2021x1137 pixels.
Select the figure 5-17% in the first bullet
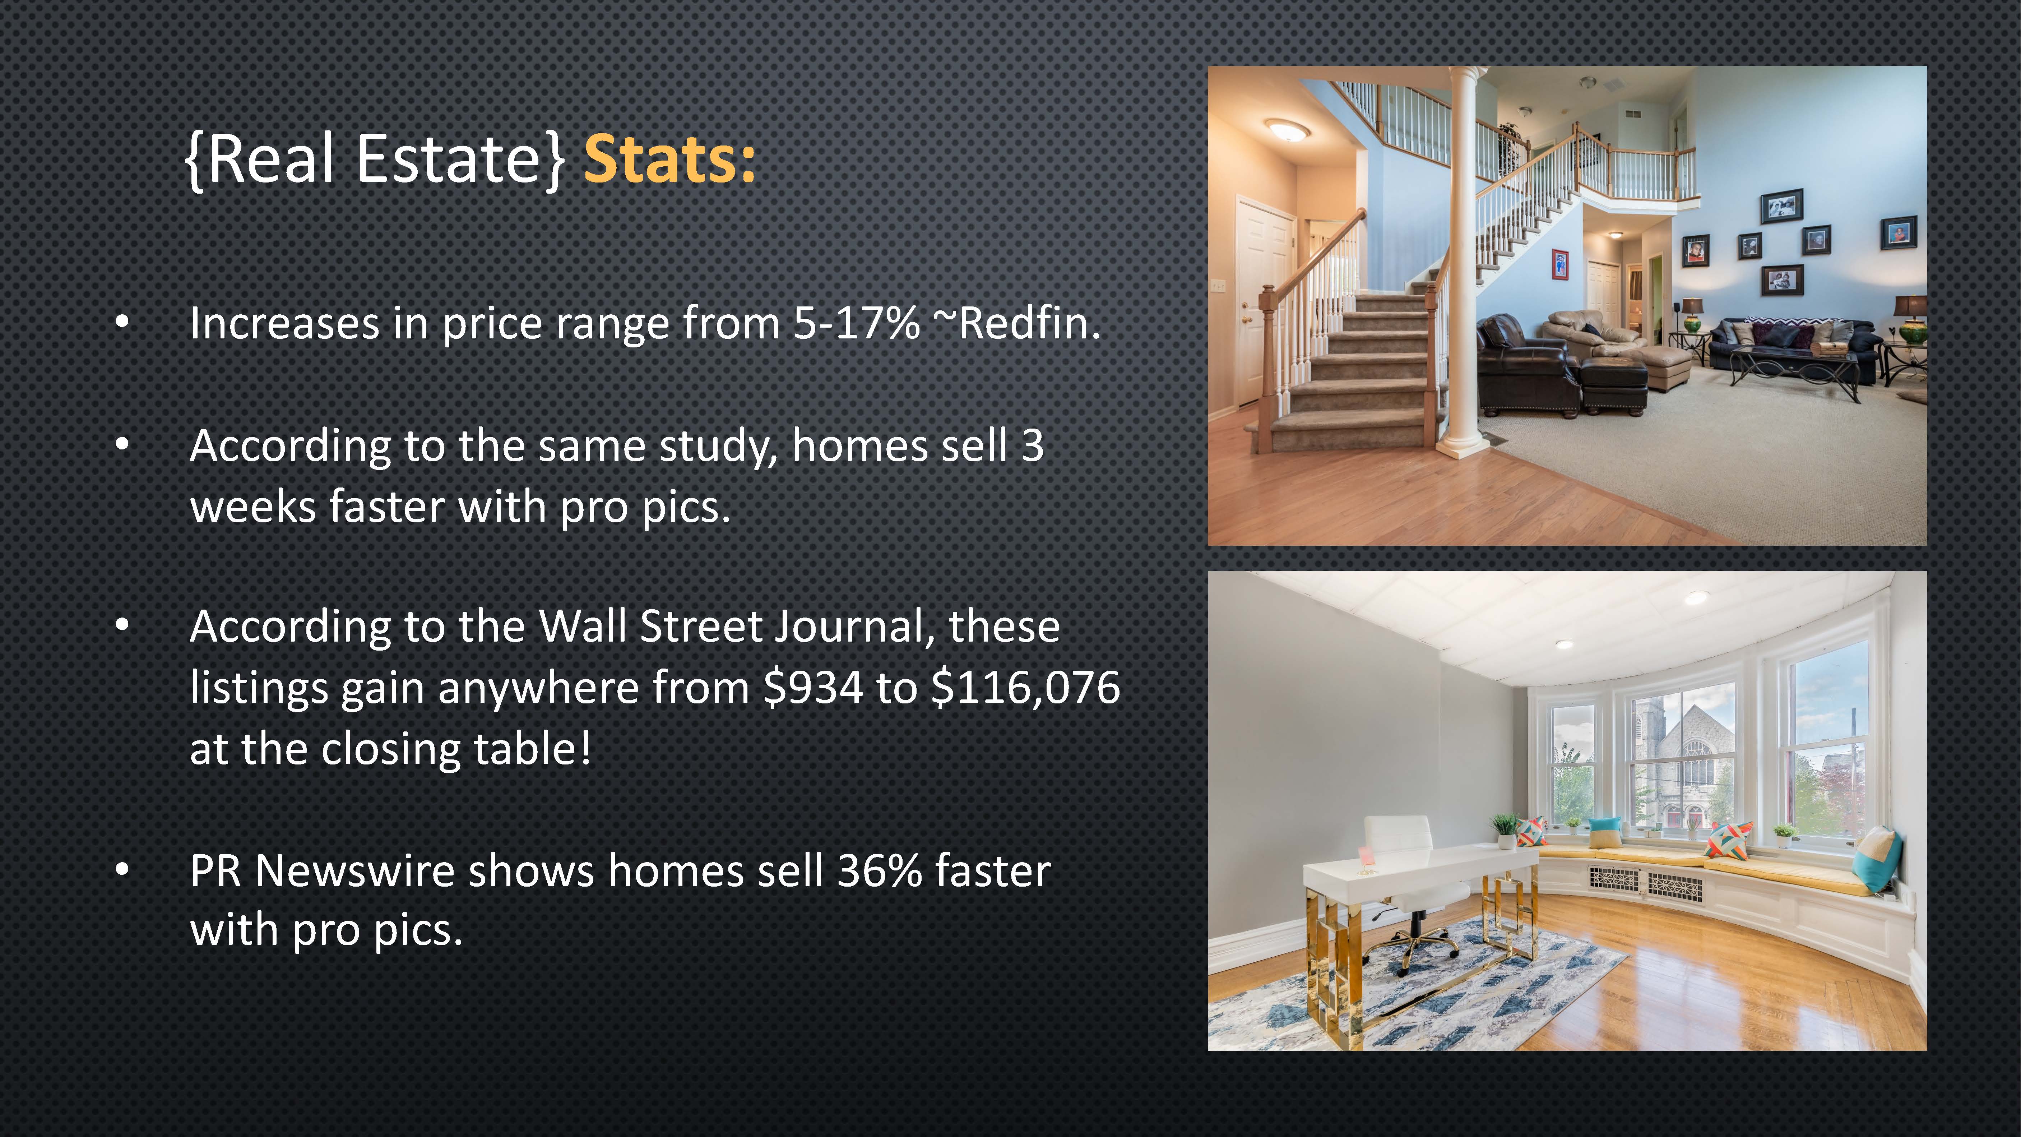click(856, 323)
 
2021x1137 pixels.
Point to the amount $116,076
click(1025, 688)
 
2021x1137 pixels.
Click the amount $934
click(813, 688)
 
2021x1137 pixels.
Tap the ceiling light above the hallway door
click(1287, 129)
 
